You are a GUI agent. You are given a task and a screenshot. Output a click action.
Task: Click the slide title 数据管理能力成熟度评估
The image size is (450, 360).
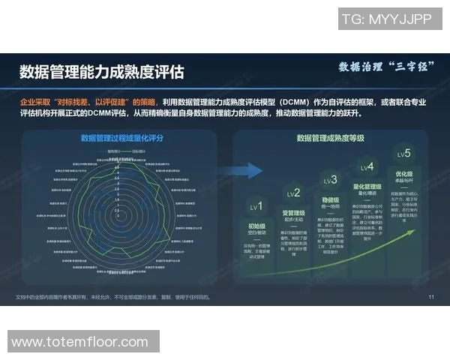click(x=101, y=72)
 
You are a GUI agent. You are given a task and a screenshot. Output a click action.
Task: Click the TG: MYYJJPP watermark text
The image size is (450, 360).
click(x=385, y=20)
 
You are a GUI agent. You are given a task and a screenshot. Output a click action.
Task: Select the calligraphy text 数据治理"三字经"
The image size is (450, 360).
click(x=384, y=68)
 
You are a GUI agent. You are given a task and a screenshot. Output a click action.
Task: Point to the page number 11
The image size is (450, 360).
click(x=431, y=297)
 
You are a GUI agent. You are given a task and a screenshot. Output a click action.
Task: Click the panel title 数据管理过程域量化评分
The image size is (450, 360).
click(x=121, y=138)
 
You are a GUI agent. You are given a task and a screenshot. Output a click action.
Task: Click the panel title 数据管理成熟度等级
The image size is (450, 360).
click(x=330, y=138)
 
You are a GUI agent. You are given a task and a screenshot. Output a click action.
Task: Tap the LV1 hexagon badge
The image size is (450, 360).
click(x=257, y=206)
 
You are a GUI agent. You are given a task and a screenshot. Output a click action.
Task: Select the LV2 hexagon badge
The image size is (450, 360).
click(x=293, y=193)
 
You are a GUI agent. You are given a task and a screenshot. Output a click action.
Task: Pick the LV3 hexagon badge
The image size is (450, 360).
click(x=330, y=181)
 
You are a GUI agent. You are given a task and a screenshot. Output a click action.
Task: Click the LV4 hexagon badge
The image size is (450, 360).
click(x=367, y=167)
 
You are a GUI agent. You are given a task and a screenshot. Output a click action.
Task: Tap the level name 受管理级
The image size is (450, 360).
click(x=293, y=213)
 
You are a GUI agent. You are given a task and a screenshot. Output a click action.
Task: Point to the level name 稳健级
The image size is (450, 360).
click(x=330, y=200)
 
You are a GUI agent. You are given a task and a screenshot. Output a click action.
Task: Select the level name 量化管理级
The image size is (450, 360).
click(x=367, y=186)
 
